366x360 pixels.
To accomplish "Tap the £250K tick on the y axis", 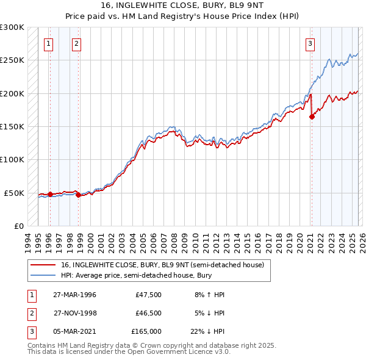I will [x=12, y=60].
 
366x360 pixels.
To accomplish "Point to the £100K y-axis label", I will [x=12, y=159].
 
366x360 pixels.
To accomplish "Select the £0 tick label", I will [x=18, y=226].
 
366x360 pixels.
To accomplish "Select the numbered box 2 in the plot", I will [x=76, y=43].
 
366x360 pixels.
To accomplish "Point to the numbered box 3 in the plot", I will [x=310, y=43].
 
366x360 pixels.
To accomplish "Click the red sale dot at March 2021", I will [x=312, y=117].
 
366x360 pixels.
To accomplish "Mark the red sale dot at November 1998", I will [x=78, y=195].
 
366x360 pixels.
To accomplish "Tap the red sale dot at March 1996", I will [x=50, y=195].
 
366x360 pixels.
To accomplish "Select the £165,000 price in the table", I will [x=146, y=331].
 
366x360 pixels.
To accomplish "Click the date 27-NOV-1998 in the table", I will [x=74, y=313].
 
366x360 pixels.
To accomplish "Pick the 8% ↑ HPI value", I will [x=209, y=295].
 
